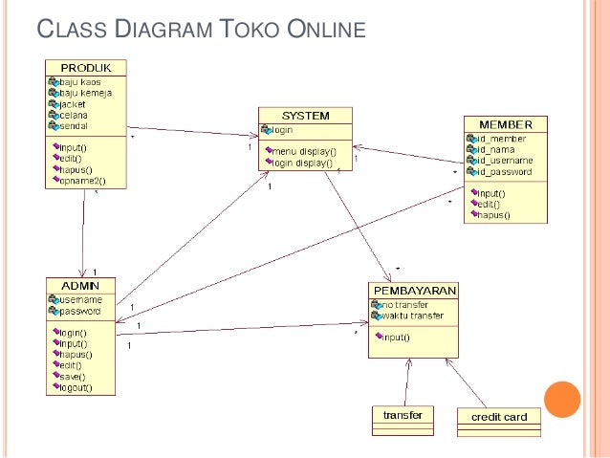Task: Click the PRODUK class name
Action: pyautogui.click(x=86, y=66)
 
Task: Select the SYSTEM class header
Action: pyautogui.click(x=305, y=115)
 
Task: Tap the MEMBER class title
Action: pyautogui.click(x=505, y=124)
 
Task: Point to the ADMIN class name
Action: pyautogui.click(x=80, y=285)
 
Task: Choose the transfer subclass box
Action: pyautogui.click(x=402, y=416)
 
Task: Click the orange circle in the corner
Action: pyautogui.click(x=562, y=401)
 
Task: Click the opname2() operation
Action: pyautogui.click(x=81, y=179)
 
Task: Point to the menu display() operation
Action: pyautogui.click(x=303, y=151)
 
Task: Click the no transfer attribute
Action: pyautogui.click(x=404, y=305)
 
